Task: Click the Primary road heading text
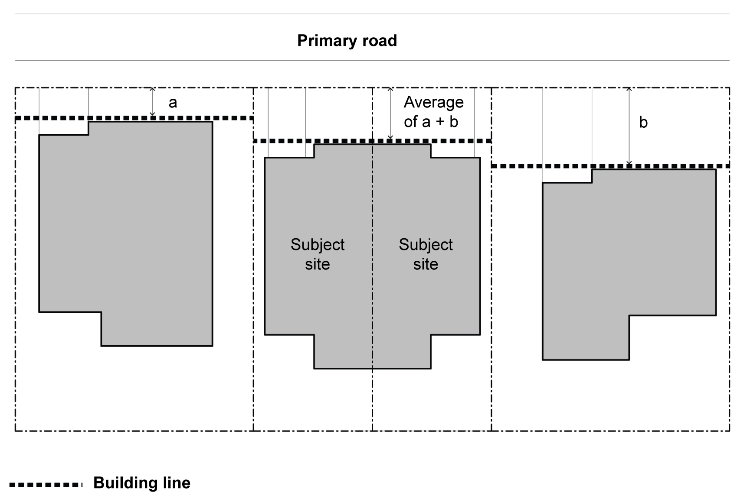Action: click(x=347, y=41)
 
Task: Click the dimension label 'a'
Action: click(x=173, y=103)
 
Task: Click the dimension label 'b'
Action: click(x=643, y=123)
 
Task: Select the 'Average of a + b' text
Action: click(x=433, y=112)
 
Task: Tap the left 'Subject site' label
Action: click(x=318, y=254)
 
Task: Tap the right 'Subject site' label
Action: click(x=426, y=254)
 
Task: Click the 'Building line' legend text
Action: click(x=142, y=483)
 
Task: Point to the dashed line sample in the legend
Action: click(x=46, y=485)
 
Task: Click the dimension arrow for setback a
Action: click(x=152, y=102)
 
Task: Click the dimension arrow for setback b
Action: click(x=629, y=126)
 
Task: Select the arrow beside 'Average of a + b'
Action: click(x=390, y=113)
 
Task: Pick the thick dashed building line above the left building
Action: click(x=134, y=118)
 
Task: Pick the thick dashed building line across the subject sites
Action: click(x=372, y=141)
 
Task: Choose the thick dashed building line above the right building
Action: click(x=610, y=166)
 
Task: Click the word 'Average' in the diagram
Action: click(x=434, y=103)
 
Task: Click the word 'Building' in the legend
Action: click(x=125, y=483)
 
